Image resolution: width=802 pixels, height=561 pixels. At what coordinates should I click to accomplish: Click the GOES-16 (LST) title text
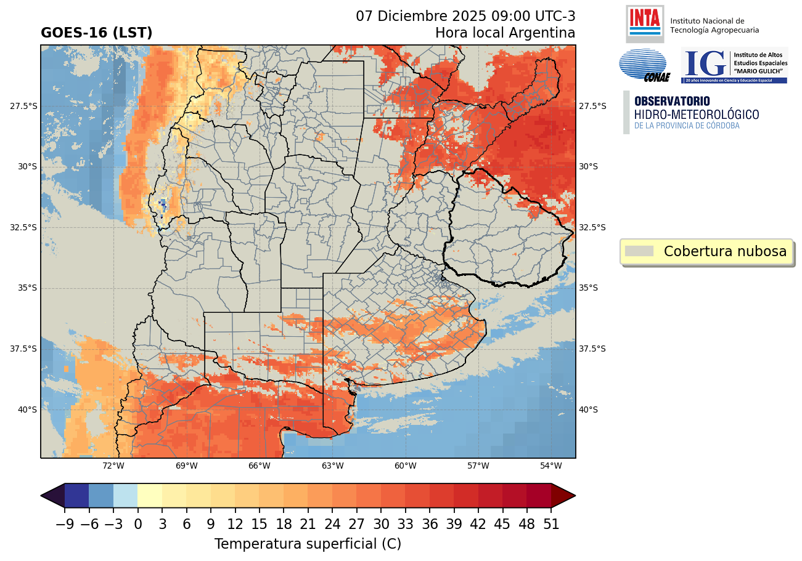[x=96, y=33]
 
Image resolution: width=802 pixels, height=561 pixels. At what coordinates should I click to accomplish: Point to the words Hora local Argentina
[x=505, y=33]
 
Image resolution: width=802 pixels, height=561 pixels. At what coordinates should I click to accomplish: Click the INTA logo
[x=645, y=23]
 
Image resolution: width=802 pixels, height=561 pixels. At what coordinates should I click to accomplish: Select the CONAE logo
[x=644, y=65]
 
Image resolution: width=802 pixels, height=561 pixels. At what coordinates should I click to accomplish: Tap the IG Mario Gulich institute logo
[x=734, y=65]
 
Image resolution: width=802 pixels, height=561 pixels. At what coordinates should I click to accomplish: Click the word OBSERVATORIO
[x=672, y=101]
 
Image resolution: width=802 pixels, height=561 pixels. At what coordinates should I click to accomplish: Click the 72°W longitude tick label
[x=113, y=466]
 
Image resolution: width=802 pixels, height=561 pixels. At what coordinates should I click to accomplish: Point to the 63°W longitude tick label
[x=333, y=466]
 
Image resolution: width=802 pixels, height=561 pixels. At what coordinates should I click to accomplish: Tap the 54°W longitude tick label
[x=551, y=466]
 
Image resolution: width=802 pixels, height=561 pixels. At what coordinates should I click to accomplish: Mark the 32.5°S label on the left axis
[x=23, y=227]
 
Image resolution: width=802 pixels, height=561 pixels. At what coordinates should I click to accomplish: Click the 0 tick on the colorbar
[x=137, y=525]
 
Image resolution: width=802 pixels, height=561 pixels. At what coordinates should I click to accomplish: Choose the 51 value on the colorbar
[x=551, y=525]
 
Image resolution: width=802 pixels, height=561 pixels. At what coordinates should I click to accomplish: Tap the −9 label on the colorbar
[x=65, y=525]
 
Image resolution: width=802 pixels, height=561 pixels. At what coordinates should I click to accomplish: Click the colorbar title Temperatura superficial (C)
[x=308, y=544]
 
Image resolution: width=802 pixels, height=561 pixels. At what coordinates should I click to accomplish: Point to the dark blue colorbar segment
[x=76, y=495]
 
